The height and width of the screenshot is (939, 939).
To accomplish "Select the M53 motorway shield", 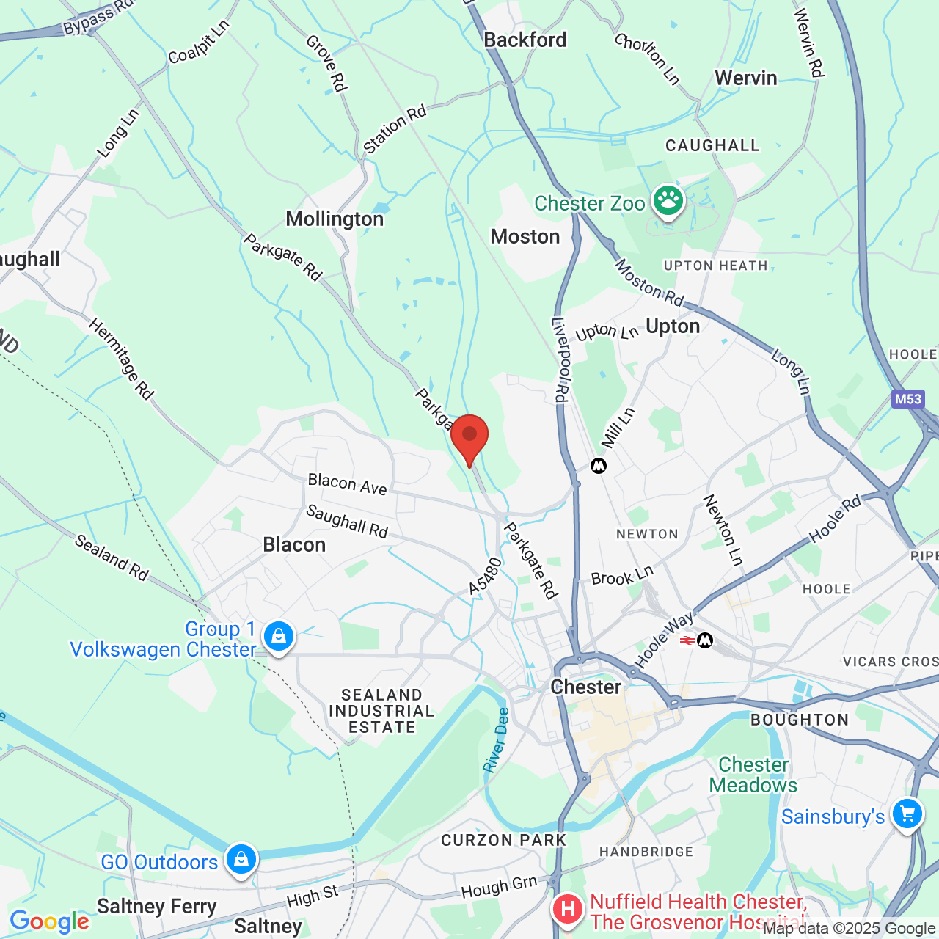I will click(907, 399).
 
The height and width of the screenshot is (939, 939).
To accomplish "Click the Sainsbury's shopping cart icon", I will click(907, 814).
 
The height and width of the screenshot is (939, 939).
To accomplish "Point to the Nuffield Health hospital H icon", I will click(568, 910).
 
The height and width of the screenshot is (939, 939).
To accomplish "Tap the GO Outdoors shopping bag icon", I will click(241, 859).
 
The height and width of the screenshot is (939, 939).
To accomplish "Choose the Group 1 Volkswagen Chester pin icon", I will click(279, 636).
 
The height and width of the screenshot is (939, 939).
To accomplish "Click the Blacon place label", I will click(294, 545).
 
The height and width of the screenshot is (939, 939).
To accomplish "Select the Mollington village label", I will click(335, 219).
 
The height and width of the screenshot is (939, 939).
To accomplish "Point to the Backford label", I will click(525, 40).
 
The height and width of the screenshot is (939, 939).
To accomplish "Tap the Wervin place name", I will click(746, 78).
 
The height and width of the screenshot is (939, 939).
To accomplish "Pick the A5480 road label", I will click(486, 577).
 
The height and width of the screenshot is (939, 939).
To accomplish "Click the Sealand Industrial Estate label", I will click(381, 711).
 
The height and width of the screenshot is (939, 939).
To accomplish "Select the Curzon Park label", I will click(503, 841).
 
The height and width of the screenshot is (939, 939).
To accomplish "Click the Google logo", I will click(49, 921).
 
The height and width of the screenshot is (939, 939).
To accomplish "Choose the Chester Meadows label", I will click(753, 775).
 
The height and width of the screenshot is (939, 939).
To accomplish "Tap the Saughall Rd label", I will click(347, 521).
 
